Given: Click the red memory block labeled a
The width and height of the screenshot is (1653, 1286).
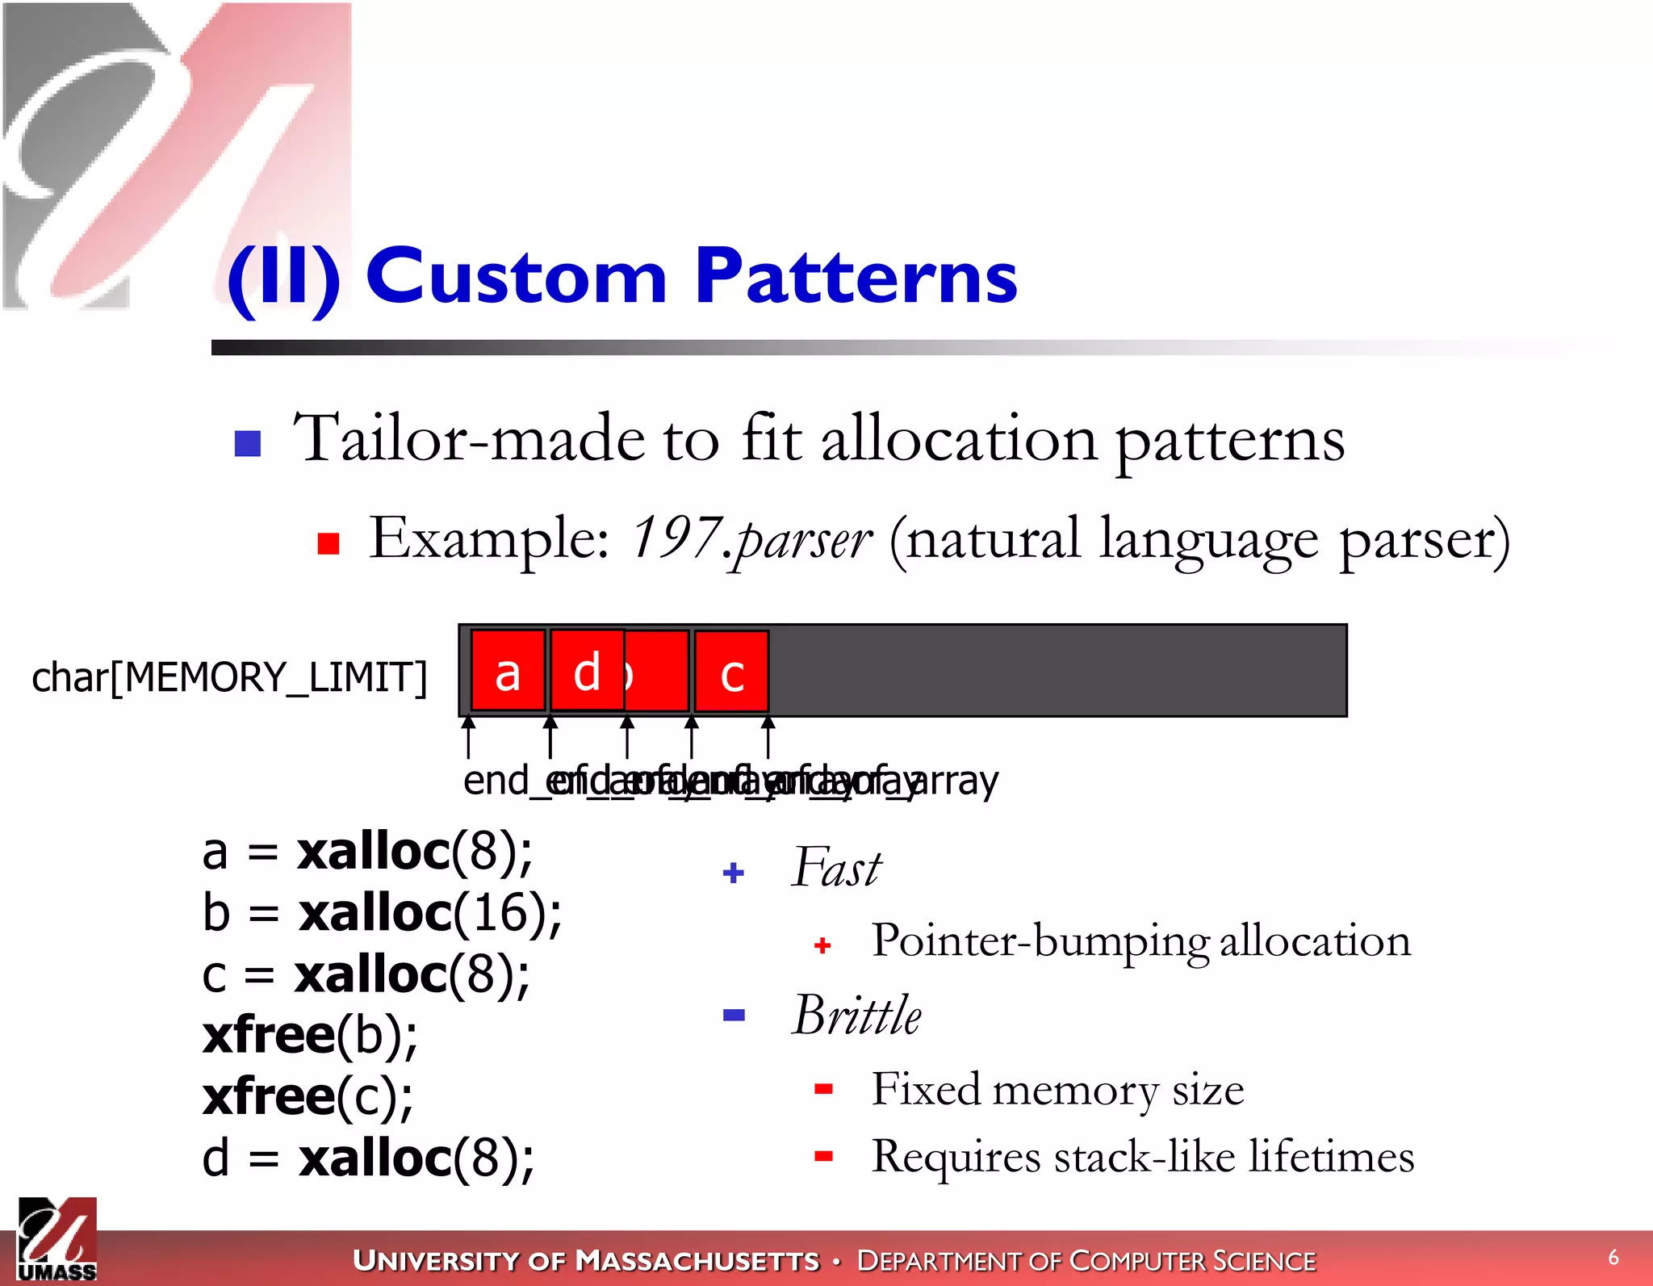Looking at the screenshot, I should (508, 671).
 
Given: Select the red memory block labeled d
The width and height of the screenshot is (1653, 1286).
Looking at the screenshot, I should (587, 671).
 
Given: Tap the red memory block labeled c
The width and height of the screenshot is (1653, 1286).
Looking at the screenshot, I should (731, 672).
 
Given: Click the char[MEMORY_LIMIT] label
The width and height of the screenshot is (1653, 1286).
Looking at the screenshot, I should (229, 677).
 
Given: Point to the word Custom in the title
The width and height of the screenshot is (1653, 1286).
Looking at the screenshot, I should (517, 277).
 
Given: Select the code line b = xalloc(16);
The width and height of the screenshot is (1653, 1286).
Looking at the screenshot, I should (381, 913).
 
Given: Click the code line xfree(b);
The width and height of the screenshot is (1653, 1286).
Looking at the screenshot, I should (310, 1035).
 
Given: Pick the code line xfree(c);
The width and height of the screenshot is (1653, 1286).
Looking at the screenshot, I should (308, 1096).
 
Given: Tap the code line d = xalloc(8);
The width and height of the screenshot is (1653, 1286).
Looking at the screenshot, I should (368, 1158).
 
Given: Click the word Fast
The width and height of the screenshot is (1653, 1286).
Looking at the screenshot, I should (836, 868).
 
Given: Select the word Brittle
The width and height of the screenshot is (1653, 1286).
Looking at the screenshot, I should (856, 1015).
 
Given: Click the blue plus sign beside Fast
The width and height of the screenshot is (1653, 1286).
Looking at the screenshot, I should (734, 873).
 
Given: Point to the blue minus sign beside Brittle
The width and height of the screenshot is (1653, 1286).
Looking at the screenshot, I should (734, 1016).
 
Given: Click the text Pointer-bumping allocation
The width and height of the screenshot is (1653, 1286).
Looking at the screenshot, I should (1141, 941).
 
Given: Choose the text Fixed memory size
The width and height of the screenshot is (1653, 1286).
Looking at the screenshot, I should (1057, 1089).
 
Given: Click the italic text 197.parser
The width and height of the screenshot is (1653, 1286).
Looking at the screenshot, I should (751, 538).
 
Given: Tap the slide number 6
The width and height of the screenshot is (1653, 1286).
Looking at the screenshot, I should (1613, 1257).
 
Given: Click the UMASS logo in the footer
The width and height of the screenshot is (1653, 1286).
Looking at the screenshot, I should (56, 1239).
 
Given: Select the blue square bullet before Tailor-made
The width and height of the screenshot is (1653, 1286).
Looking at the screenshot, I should (248, 443).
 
